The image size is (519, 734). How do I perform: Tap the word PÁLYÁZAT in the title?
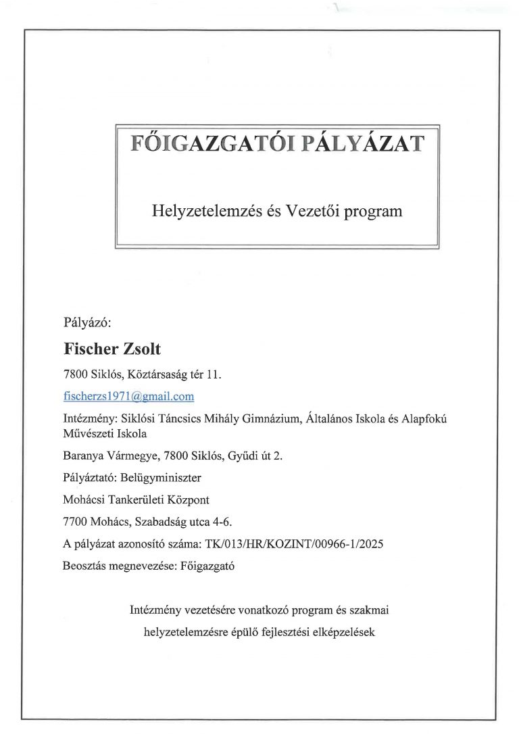[363, 144]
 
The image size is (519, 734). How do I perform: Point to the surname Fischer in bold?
[91, 349]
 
